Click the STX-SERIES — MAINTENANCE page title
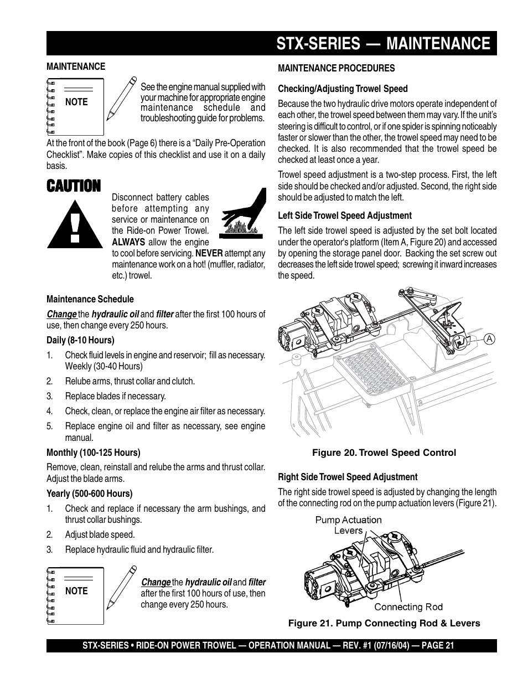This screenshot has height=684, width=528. click(x=383, y=44)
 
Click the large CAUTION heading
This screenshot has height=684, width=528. click(x=74, y=186)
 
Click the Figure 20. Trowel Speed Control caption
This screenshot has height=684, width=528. click(x=384, y=452)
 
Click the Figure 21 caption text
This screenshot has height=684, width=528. click(x=384, y=623)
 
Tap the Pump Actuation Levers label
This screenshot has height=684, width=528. click(x=348, y=525)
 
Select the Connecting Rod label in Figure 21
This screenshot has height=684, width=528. click(x=408, y=607)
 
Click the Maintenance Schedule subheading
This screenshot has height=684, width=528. click(x=90, y=299)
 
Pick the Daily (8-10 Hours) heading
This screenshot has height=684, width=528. click(x=80, y=340)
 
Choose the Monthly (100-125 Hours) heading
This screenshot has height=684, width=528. click(x=94, y=452)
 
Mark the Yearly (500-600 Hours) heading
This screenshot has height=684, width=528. click(x=90, y=493)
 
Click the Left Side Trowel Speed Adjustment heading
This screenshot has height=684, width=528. click(x=344, y=215)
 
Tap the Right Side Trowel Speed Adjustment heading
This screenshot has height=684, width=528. click(x=348, y=477)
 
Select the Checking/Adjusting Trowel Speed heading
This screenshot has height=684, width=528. click(x=343, y=89)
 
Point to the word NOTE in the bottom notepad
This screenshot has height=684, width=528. click(x=76, y=591)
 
